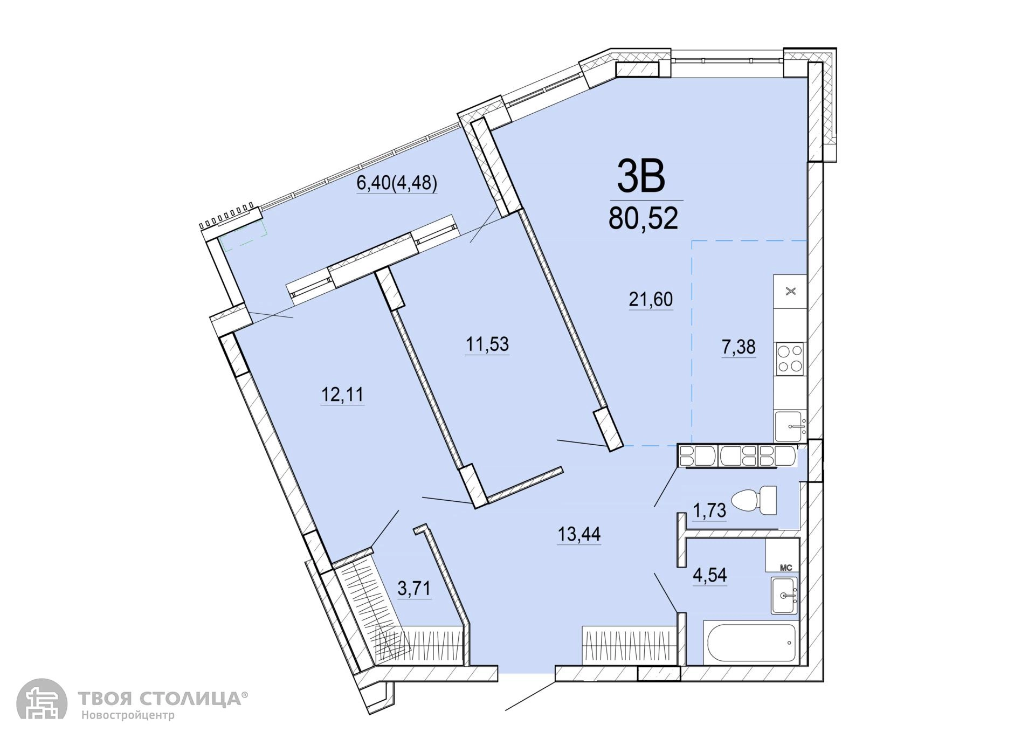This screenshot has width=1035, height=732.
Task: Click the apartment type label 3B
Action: pos(641,177)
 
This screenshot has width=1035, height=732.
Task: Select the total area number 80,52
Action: pos(643,219)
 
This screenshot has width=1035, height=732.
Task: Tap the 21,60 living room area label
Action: pos(651,299)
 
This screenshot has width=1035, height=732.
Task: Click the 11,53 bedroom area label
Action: pos(487,344)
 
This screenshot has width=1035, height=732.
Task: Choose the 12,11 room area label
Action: pos(342,395)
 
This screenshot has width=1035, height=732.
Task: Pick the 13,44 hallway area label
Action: pos(579,534)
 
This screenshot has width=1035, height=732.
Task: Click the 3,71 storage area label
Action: pos(414,589)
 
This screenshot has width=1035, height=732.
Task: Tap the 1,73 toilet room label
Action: pos(709,510)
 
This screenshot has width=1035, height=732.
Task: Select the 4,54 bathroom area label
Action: pos(710,575)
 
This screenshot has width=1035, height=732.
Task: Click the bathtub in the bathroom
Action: pos(749,644)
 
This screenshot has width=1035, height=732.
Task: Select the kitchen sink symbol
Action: pos(790,426)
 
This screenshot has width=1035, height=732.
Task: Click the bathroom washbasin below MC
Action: pos(784,595)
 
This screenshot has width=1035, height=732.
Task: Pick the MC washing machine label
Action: pos(786,567)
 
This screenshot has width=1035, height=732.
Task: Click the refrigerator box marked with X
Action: pos(790,292)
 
